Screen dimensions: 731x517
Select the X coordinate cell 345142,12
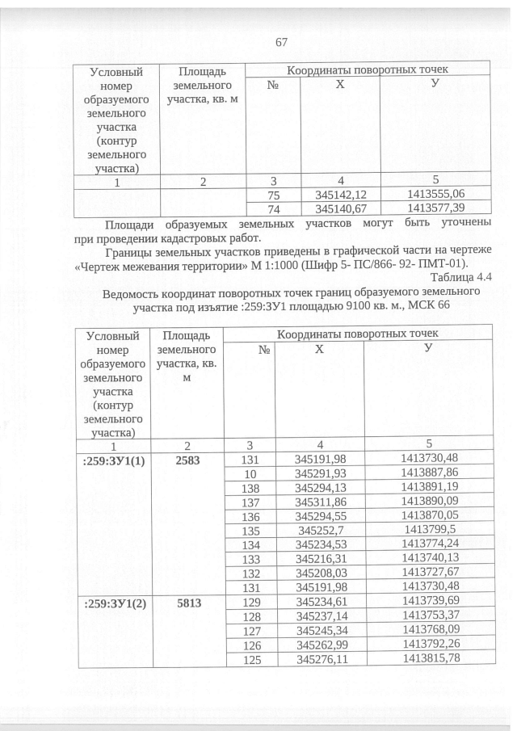338,195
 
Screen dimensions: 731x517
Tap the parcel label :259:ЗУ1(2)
112,601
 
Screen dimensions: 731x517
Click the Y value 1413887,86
429,473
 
